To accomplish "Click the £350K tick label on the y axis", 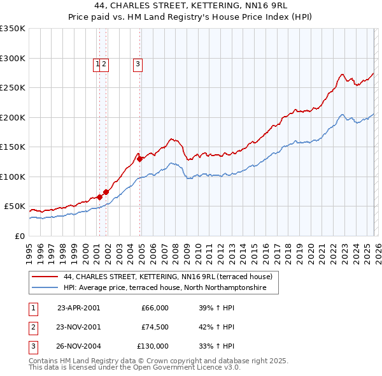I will [x=13, y=29].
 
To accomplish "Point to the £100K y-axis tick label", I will [x=13, y=177].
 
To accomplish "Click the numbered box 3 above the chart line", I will [x=138, y=63].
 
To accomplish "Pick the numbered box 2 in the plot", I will [x=104, y=63].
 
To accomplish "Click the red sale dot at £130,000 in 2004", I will [x=140, y=159].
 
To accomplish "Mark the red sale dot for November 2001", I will [x=106, y=192].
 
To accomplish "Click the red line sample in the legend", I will [x=45, y=277].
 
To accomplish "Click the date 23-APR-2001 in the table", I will [x=78, y=308].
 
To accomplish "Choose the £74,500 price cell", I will [x=155, y=327].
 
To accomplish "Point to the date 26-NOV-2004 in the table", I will [x=78, y=346].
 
